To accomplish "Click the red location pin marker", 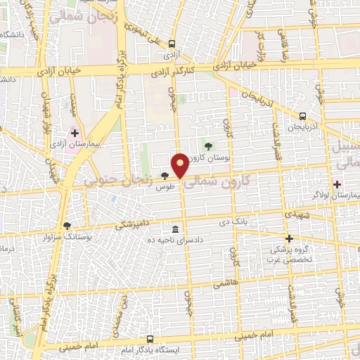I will click(181, 164).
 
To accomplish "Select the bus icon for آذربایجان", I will click(302, 116).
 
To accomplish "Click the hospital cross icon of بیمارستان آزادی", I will click(75, 132).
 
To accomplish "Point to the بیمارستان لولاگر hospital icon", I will click(337, 184).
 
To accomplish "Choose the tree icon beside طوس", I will click(165, 176).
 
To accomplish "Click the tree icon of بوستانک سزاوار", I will click(67, 226).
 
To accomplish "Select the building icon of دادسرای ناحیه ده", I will click(176, 229).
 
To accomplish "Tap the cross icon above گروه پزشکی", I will click(289, 239).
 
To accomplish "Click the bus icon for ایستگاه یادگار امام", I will click(149, 338).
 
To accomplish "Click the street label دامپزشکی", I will click(131, 224).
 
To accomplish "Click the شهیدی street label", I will click(293, 211).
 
